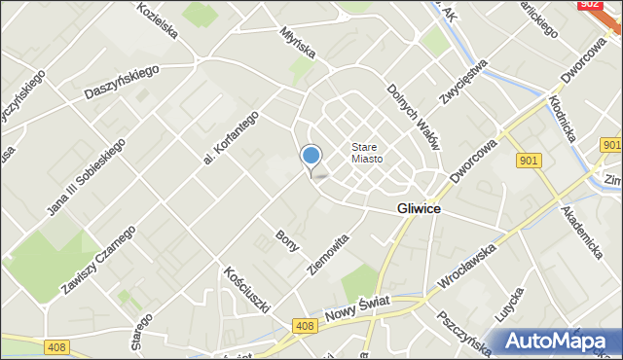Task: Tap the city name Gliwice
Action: tap(420, 209)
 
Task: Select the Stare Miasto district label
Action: tap(367, 153)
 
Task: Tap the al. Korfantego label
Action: tap(230, 135)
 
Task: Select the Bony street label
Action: tap(286, 240)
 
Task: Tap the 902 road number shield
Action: tap(587, 5)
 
